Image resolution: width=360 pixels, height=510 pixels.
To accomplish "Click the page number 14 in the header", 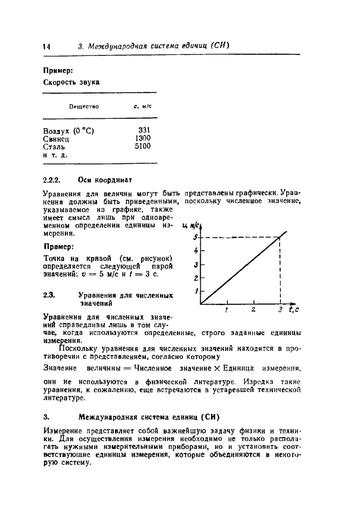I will pos(47,47).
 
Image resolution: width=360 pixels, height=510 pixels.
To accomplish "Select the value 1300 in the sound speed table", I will pos(143,138).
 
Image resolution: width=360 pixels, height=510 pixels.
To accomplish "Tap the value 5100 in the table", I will pos(143,146).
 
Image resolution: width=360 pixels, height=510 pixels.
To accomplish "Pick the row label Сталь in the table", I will pos(54,147).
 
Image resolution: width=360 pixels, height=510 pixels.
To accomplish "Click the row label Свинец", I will pos(56,139).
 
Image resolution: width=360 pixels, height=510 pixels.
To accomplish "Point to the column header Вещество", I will pos(84,106).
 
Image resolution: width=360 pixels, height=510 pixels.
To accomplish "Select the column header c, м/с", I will pos(142,106).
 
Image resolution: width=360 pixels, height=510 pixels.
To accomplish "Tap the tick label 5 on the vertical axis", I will pos(195,237).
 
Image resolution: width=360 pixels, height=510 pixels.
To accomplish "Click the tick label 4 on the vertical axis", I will pos(196,251).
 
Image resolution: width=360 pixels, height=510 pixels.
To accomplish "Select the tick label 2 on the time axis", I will pos(253,310).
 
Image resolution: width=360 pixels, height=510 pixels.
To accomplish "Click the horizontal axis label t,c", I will pos(293,310).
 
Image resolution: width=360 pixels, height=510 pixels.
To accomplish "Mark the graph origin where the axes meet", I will pos(201,304).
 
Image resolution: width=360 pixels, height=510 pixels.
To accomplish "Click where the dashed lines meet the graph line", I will pos(280,237).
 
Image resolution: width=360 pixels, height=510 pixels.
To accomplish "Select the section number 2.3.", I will pos(49,296).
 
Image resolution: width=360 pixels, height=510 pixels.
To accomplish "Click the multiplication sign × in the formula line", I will pos(217,368).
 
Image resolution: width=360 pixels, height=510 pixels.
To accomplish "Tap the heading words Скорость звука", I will pos(71,82).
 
